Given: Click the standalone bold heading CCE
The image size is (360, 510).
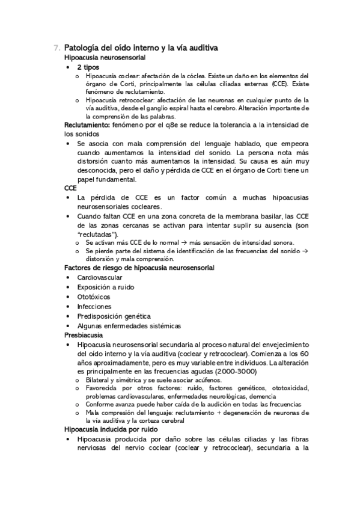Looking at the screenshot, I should (x=71, y=188).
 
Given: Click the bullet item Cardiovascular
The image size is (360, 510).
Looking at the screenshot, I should (x=100, y=277).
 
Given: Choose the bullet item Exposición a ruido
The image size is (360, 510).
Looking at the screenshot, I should (x=106, y=287).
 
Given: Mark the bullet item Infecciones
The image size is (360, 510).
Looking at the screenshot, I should (x=94, y=306).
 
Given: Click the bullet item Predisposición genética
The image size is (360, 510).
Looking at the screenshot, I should (x=114, y=316).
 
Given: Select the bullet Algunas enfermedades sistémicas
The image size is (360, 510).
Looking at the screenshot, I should (x=129, y=325).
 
